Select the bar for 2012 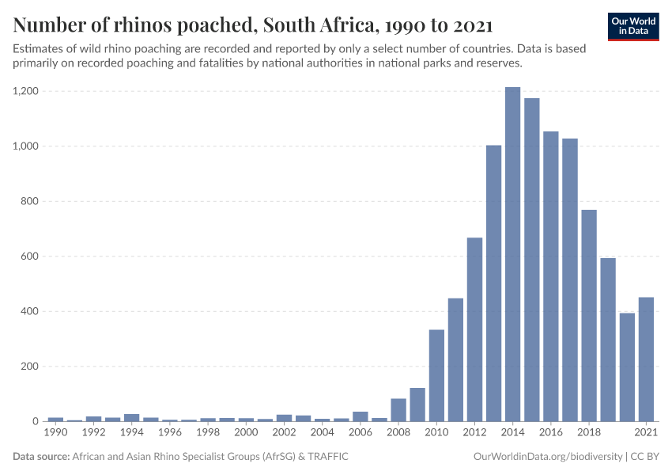pos(474,329)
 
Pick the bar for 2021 pos(646,359)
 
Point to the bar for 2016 pos(551,276)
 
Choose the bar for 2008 pos(398,410)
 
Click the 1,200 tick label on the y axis pos(26,91)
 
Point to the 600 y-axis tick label pos(30,256)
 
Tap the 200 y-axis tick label pos(30,367)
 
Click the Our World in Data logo pos(632,26)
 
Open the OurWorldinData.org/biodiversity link pos(546,457)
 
